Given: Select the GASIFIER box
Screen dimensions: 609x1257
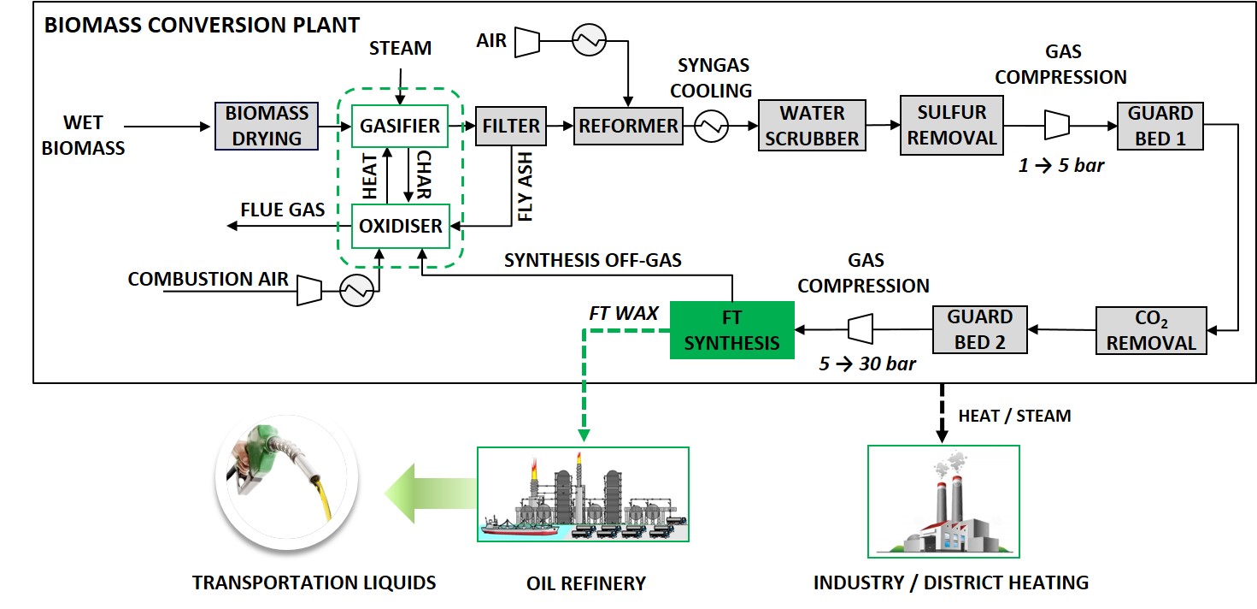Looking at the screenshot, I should tap(400, 127).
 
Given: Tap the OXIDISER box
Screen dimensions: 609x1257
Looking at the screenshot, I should tap(400, 226).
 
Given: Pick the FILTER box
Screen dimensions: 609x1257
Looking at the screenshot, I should tap(511, 127).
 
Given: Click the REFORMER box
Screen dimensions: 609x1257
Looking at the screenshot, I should tap(628, 127).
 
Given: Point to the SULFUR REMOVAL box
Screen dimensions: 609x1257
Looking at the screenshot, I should tap(951, 126).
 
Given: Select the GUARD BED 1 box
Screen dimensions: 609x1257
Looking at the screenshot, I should tap(1160, 126).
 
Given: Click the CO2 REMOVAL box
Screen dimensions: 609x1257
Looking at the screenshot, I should tap(1151, 331).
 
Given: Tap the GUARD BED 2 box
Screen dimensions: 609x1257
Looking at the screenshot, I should tap(979, 330).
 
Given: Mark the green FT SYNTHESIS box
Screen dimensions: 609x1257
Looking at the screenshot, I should tap(731, 330).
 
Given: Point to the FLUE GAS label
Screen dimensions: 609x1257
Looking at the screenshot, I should tap(283, 210).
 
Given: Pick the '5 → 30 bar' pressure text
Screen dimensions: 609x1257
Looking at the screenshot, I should tap(866, 364).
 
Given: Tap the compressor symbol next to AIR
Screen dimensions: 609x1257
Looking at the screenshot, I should tap(528, 40).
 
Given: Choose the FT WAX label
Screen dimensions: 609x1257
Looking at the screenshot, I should tap(623, 313).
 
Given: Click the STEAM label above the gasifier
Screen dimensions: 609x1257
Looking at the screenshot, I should tap(400, 48).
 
